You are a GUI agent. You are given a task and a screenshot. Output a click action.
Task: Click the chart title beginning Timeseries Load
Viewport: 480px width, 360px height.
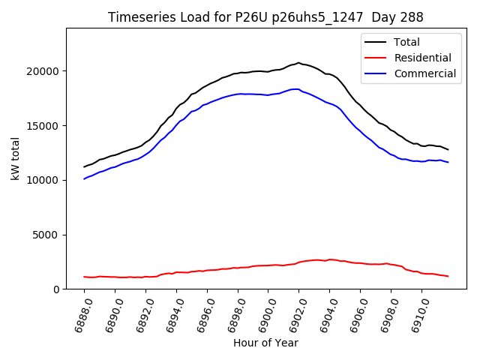point(265,17)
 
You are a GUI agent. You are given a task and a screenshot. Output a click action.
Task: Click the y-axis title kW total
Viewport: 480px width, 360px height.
point(15,158)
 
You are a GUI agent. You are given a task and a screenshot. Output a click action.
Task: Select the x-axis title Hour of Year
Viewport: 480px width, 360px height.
point(265,343)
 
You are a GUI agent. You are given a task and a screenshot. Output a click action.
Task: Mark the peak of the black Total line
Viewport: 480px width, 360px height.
point(298,63)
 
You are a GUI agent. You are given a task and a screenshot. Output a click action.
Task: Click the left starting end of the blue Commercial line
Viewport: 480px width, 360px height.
point(84,179)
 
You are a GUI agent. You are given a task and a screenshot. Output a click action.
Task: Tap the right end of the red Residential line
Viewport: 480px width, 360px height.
point(448,276)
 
